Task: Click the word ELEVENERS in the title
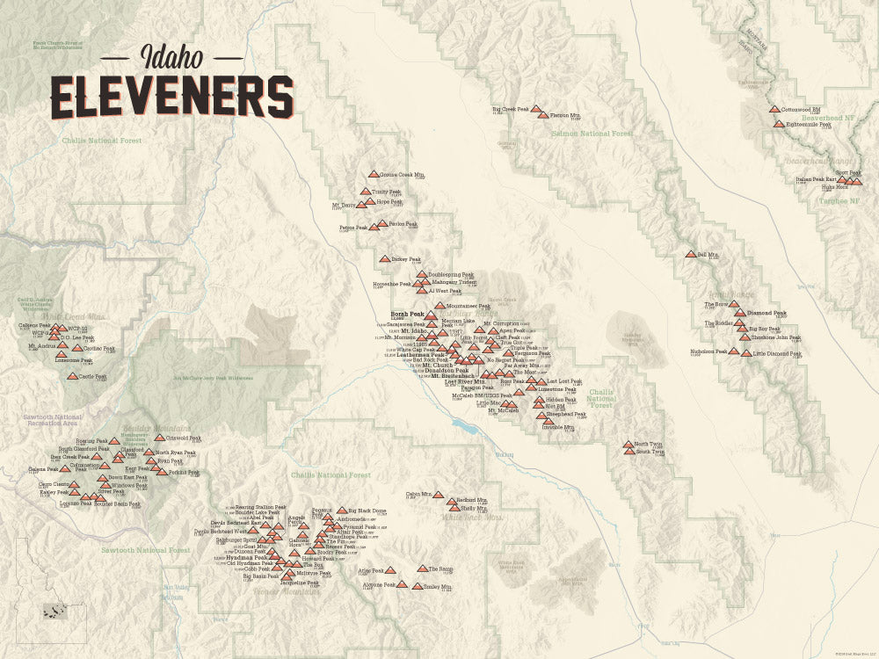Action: pyautogui.click(x=171, y=96)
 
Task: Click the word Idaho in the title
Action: pyautogui.click(x=172, y=56)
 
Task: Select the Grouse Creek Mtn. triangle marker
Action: pyautogui.click(x=374, y=175)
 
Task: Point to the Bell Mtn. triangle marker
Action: pyautogui.click(x=690, y=255)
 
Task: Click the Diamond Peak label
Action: pyautogui.click(x=766, y=313)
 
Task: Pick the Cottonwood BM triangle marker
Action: pyautogui.click(x=774, y=110)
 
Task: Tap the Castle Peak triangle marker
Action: pyautogui.click(x=72, y=376)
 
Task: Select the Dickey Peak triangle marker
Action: pyautogui.click(x=384, y=259)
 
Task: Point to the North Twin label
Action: pyautogui.click(x=649, y=444)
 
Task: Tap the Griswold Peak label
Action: pyautogui.click(x=184, y=437)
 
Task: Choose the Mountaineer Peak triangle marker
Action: pyautogui.click(x=439, y=305)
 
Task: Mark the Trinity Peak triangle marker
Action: pyautogui.click(x=366, y=191)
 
